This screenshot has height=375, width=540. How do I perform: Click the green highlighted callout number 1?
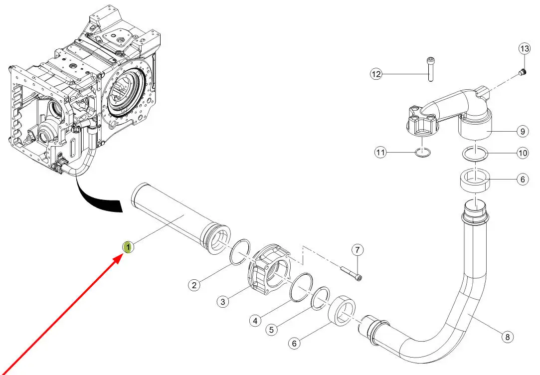128,246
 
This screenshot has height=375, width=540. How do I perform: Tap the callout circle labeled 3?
223,301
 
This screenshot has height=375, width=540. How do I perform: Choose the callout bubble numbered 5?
271,330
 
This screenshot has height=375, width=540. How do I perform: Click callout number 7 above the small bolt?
357,249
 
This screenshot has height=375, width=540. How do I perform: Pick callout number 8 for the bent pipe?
508,337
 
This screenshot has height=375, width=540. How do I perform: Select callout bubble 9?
522,132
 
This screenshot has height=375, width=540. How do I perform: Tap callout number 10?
522,153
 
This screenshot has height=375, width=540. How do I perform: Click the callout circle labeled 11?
381,153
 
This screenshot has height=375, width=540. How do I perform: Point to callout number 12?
375,74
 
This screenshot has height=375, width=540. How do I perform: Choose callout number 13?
524,49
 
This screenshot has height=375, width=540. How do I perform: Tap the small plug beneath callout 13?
522,73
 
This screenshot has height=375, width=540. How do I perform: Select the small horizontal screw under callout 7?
352,274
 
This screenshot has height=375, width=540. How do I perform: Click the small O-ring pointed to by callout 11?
422,153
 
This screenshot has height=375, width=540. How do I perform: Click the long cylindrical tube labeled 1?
175,212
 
